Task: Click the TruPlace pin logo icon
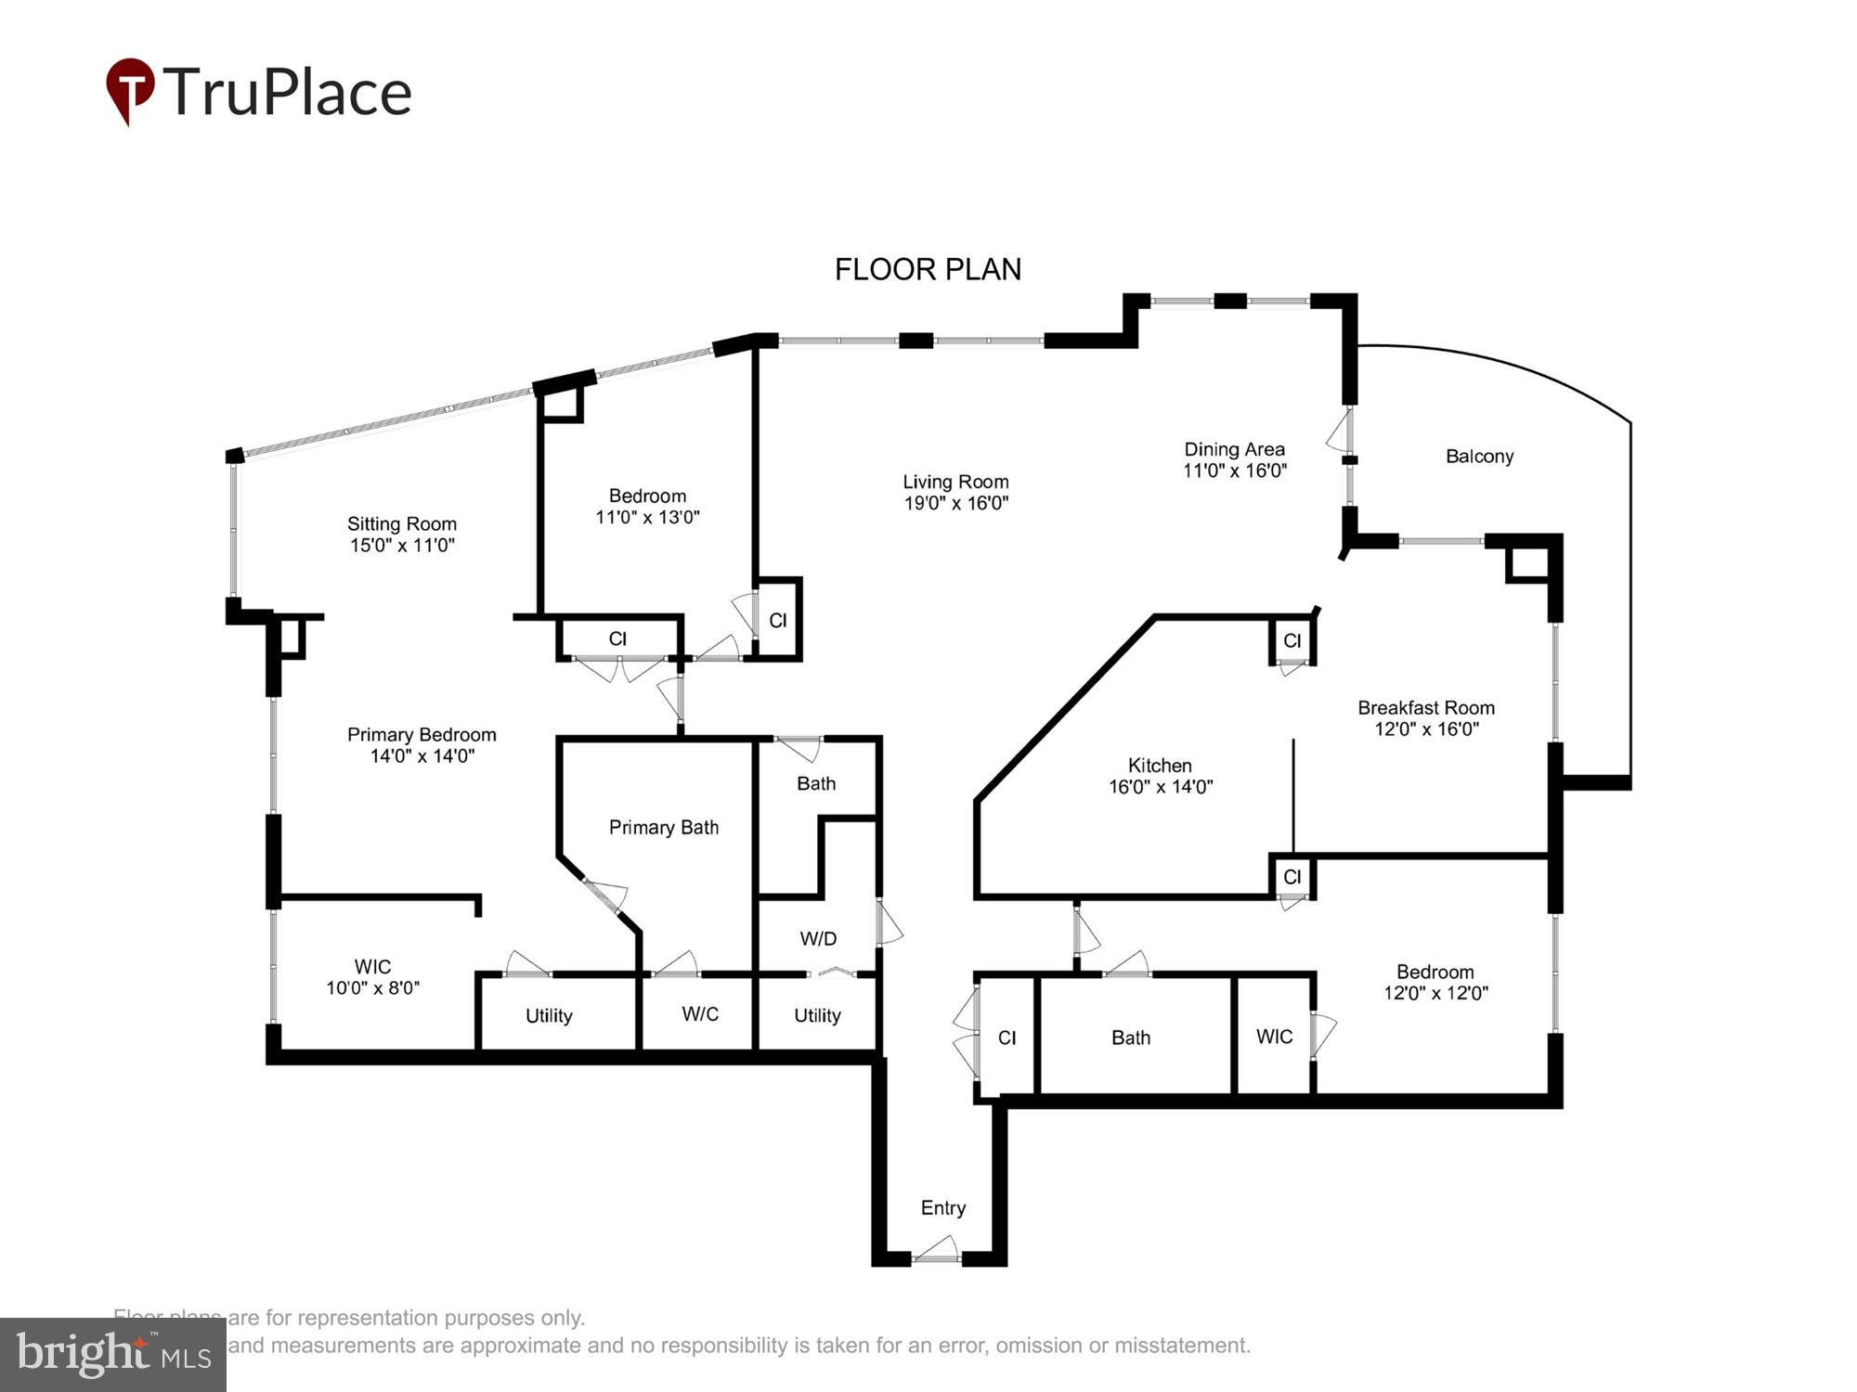[130, 89]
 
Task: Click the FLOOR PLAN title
[928, 269]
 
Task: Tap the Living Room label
[955, 482]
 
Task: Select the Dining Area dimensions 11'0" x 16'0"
[1234, 470]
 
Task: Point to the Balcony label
[1479, 457]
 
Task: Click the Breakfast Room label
[1425, 708]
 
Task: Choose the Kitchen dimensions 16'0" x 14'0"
[1160, 787]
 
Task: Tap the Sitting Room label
[401, 524]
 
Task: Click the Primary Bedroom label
[422, 735]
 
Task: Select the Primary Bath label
[663, 828]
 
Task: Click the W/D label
[818, 939]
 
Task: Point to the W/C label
[700, 1014]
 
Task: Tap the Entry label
[942, 1208]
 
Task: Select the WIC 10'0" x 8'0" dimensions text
[372, 988]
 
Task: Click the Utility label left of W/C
[549, 1016]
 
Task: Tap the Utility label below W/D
[817, 1016]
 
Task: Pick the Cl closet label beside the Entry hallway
[1006, 1038]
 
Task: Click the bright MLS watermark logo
[113, 1355]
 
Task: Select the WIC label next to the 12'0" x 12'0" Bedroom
[1274, 1038]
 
